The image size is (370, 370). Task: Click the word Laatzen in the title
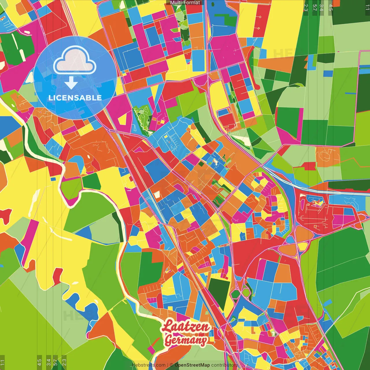pyautogui.click(x=186, y=326)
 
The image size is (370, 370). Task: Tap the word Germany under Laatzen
pyautogui.click(x=186, y=340)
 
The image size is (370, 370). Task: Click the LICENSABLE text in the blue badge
pyautogui.click(x=75, y=98)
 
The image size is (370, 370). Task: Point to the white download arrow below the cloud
pyautogui.click(x=71, y=83)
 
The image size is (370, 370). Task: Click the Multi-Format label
pyautogui.click(x=185, y=3)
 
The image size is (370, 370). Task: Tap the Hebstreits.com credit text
pyautogui.click(x=149, y=365)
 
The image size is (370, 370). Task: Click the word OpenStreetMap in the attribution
pyautogui.click(x=192, y=365)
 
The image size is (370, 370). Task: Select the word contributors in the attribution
pyautogui.click(x=224, y=365)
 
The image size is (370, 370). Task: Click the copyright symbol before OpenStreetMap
pyautogui.click(x=171, y=365)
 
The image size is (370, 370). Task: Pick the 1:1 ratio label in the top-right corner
pyautogui.click(x=367, y=7)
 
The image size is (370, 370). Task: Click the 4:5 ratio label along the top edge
pyautogui.click(x=331, y=7)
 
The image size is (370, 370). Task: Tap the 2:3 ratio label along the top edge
pyautogui.click(x=306, y=7)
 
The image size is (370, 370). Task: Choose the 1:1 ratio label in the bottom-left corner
pyautogui.click(x=3, y=362)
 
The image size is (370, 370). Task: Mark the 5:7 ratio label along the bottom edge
pyautogui.click(x=55, y=362)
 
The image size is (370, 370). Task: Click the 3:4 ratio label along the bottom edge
pyautogui.click(x=48, y=362)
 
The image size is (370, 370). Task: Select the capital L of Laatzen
pyautogui.click(x=167, y=326)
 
